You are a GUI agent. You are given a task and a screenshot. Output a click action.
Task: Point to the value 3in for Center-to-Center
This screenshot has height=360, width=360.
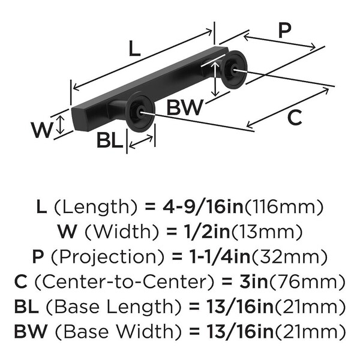(253, 281)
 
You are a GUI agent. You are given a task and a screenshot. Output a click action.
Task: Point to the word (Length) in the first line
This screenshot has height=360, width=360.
(93, 208)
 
